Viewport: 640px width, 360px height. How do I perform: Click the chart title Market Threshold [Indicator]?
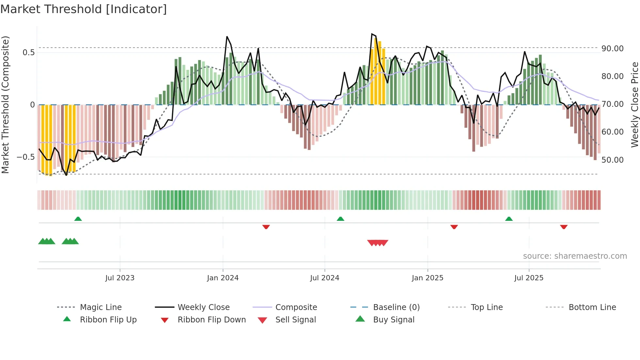84,9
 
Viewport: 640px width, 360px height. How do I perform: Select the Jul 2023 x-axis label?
120,278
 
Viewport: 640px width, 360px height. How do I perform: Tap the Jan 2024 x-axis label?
223,278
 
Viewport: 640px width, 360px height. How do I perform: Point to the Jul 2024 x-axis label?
325,278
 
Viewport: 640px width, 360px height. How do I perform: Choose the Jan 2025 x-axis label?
427,278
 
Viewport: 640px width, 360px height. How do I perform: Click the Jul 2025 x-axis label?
529,278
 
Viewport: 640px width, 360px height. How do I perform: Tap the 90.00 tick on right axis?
613,49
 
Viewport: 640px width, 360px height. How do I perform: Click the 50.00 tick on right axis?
613,160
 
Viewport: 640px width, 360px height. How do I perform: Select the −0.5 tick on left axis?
26,157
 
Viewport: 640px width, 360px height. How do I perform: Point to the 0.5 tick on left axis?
28,53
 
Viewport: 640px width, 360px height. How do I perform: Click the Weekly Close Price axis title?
634,105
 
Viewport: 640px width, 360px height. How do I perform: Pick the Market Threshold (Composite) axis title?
5,105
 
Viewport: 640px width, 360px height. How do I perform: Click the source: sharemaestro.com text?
575,256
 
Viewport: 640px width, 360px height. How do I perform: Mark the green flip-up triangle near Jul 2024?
341,219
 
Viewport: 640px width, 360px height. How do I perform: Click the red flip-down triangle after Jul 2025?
564,227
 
